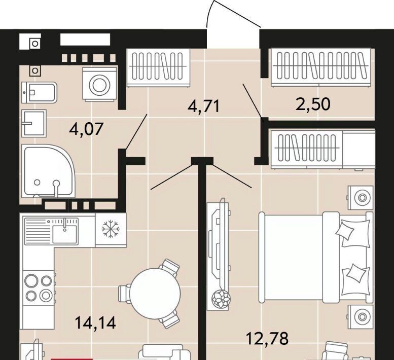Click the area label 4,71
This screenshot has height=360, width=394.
click(203, 106)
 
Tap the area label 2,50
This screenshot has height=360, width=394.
click(313, 104)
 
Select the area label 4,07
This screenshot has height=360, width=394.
click(86, 129)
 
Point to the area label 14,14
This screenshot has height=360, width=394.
click(95, 322)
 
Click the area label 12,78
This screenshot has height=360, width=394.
click(267, 338)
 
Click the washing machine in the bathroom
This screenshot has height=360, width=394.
click(100, 84)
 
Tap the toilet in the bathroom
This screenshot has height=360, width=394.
click(39, 92)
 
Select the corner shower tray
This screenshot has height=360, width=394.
click(47, 171)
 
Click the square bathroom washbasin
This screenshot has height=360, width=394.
click(34, 123)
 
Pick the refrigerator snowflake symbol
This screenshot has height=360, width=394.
click(111, 229)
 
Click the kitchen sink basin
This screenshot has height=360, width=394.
click(65, 234)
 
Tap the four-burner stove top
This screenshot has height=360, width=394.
click(39, 287)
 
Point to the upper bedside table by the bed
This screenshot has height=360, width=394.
click(361, 198)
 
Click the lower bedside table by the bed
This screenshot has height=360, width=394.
click(361, 317)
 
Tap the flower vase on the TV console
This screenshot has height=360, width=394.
click(221, 298)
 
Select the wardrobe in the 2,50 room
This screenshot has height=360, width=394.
click(320, 67)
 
